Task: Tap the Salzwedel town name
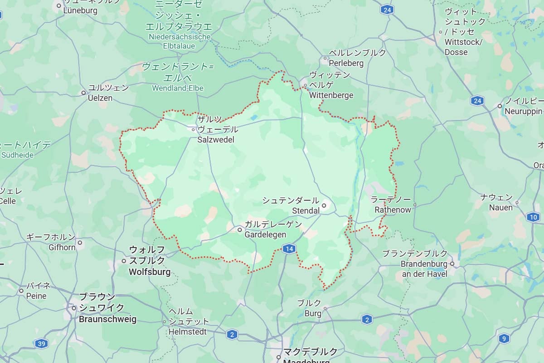(x=216, y=139)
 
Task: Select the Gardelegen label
(x=265, y=235)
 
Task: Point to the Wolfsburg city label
(x=150, y=272)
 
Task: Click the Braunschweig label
(x=107, y=319)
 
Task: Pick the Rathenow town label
(x=393, y=210)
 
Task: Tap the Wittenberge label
(x=331, y=95)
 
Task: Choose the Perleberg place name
(x=346, y=63)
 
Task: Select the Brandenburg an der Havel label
(x=424, y=269)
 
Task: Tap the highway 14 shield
(x=289, y=248)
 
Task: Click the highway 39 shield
(x=41, y=343)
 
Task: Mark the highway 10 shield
(x=533, y=217)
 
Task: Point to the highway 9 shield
(x=504, y=338)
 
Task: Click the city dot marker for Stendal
(x=324, y=206)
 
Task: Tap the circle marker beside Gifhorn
(x=80, y=243)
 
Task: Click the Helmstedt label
(x=188, y=332)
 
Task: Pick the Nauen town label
(x=500, y=208)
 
